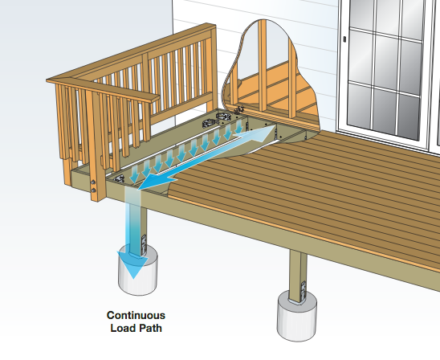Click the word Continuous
136,315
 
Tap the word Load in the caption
122,328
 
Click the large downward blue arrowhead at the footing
132,264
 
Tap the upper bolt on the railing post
93,182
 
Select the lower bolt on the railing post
93,190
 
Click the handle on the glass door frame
345,39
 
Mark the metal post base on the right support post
303,292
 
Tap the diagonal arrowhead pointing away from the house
152,182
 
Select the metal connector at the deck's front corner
119,179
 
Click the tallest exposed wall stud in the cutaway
263,65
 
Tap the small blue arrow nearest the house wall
238,127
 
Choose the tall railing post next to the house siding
214,67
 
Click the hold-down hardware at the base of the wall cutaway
239,109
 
